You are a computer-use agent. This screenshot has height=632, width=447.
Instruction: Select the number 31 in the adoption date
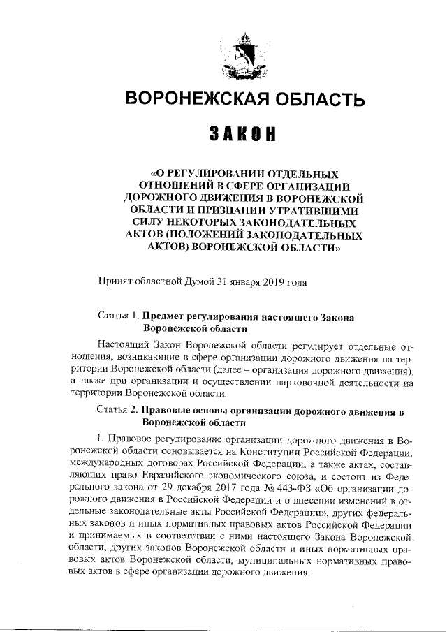click(x=223, y=283)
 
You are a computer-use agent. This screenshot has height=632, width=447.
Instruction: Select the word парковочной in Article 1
click(x=287, y=382)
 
